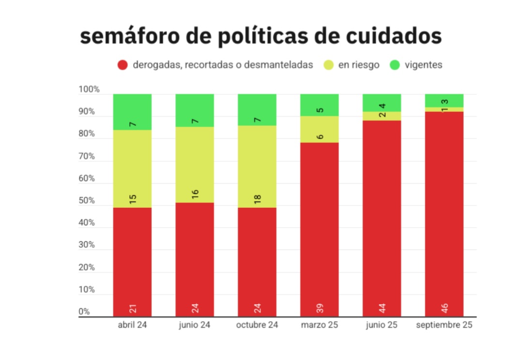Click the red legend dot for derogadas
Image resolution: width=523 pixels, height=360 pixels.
(x=123, y=65)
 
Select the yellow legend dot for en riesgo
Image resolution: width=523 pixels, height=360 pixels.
(x=328, y=65)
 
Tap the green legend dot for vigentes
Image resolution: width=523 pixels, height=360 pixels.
(x=395, y=65)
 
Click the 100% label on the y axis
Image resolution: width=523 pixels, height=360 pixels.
(x=89, y=90)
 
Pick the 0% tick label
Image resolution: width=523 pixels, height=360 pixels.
(x=84, y=312)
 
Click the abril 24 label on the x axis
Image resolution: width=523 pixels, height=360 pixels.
(x=132, y=325)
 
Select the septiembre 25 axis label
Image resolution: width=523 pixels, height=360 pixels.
(x=444, y=325)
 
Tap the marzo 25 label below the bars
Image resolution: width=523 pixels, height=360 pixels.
(x=320, y=325)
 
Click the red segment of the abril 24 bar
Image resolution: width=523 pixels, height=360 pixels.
(x=132, y=262)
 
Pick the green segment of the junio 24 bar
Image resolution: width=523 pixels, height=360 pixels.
(x=195, y=110)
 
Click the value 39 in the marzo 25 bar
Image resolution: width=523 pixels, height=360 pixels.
(x=320, y=308)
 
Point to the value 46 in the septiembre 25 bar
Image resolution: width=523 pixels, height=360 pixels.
(x=445, y=308)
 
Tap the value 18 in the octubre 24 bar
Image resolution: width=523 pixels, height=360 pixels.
(x=257, y=199)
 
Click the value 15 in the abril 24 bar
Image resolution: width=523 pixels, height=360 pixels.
(x=132, y=199)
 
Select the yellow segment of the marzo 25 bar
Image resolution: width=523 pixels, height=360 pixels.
(x=320, y=129)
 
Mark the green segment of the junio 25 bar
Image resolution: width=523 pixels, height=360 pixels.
(x=382, y=102)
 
